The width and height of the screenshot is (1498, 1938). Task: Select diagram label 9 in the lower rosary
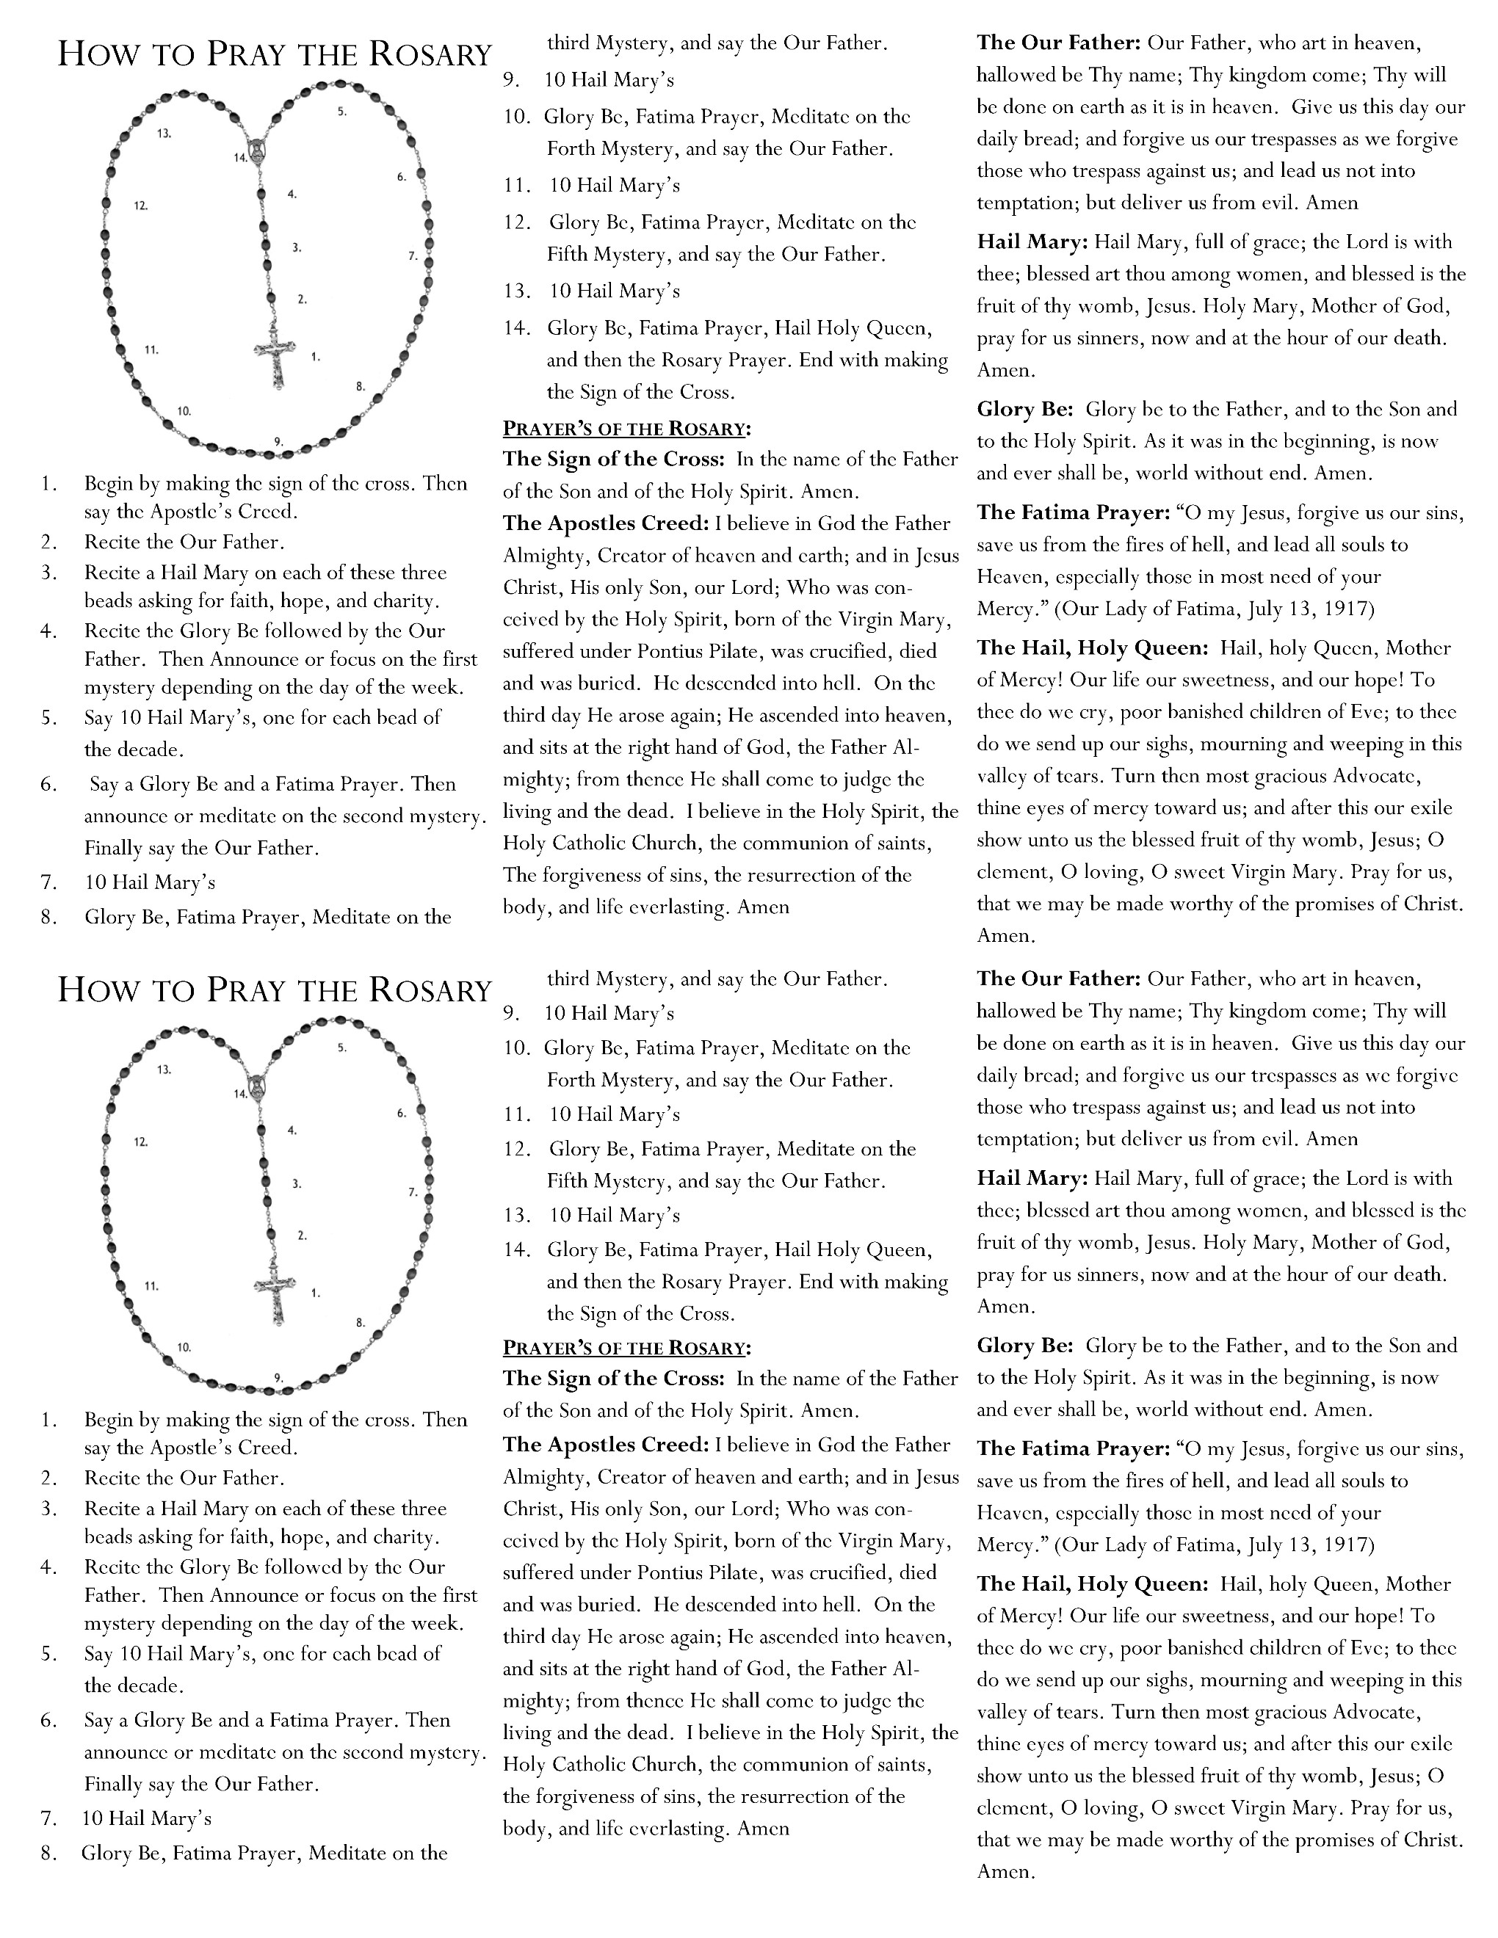278,1378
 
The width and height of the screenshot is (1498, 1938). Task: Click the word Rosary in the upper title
430,55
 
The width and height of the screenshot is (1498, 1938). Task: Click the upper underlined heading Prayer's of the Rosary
626,429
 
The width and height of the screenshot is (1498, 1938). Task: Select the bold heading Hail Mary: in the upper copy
1032,242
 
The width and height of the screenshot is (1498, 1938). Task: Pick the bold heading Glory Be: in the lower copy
1025,1346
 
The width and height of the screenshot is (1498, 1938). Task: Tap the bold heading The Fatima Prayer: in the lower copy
1073,1449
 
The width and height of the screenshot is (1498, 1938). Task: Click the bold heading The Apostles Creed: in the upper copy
605,523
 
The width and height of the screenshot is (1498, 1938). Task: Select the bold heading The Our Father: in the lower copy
1058,979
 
